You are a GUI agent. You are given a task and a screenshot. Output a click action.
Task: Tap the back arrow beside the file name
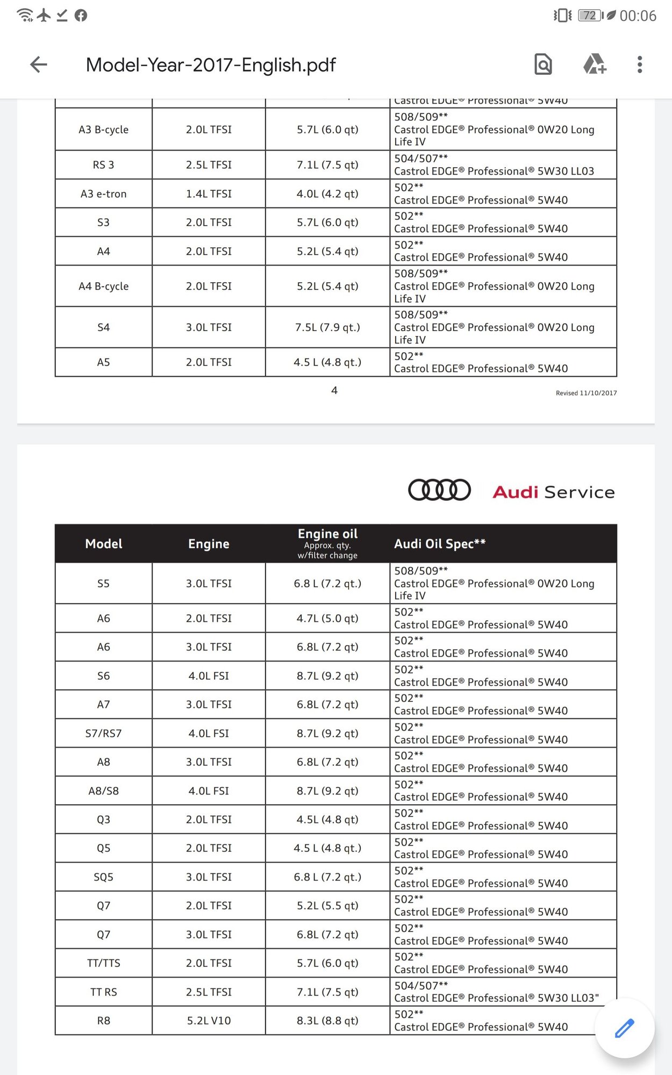pos(39,64)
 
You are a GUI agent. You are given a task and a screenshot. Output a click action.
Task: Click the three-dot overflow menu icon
pos(639,64)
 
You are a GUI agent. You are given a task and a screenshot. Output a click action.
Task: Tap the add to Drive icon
pos(595,64)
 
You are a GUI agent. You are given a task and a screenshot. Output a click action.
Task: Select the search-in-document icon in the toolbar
pos(543,64)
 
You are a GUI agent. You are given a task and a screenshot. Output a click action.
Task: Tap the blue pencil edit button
pos(624,1028)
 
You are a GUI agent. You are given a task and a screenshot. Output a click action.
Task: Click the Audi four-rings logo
pos(439,490)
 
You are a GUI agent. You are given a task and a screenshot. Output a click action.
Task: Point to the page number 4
pos(334,390)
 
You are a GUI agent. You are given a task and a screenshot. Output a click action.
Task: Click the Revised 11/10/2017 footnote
pos(586,393)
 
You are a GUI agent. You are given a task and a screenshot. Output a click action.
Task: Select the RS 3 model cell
pos(103,165)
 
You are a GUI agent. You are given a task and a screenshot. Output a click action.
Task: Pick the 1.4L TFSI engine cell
pos(209,193)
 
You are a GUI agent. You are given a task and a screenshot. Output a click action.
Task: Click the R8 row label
pos(103,1020)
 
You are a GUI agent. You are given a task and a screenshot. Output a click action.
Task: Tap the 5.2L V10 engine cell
pos(209,1020)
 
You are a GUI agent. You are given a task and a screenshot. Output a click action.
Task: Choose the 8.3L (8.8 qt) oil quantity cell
pos(327,1020)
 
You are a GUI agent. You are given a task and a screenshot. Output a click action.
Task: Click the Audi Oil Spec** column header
pos(440,543)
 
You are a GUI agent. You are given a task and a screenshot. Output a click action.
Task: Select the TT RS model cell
pos(103,992)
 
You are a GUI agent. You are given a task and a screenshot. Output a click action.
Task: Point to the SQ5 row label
pos(103,877)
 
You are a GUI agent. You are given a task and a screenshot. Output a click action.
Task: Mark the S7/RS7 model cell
pos(103,733)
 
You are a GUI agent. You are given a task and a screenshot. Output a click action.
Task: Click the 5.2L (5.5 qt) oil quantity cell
pos(327,905)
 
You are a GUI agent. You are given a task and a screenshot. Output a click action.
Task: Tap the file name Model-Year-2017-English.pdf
pos(211,64)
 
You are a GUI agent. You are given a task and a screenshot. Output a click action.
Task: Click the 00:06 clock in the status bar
pos(638,16)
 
